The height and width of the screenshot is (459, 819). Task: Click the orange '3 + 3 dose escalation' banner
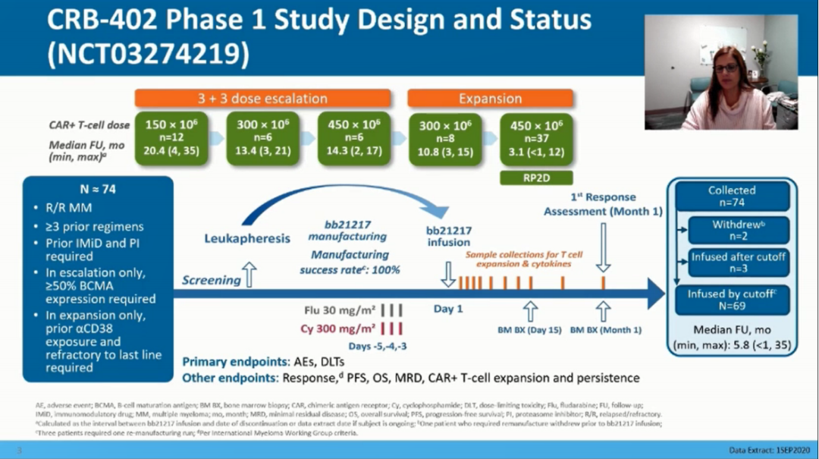coord(262,99)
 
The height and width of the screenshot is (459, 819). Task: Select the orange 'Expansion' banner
coord(490,99)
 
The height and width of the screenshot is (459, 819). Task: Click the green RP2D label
coord(536,178)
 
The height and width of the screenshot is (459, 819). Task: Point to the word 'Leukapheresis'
coord(246,238)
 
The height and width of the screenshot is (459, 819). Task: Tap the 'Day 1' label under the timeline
coord(448,310)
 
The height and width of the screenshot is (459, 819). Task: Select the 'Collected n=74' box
coord(732,196)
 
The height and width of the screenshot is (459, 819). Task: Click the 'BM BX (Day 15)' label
coord(529,330)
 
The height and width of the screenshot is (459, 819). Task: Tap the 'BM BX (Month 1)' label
coord(604,330)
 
